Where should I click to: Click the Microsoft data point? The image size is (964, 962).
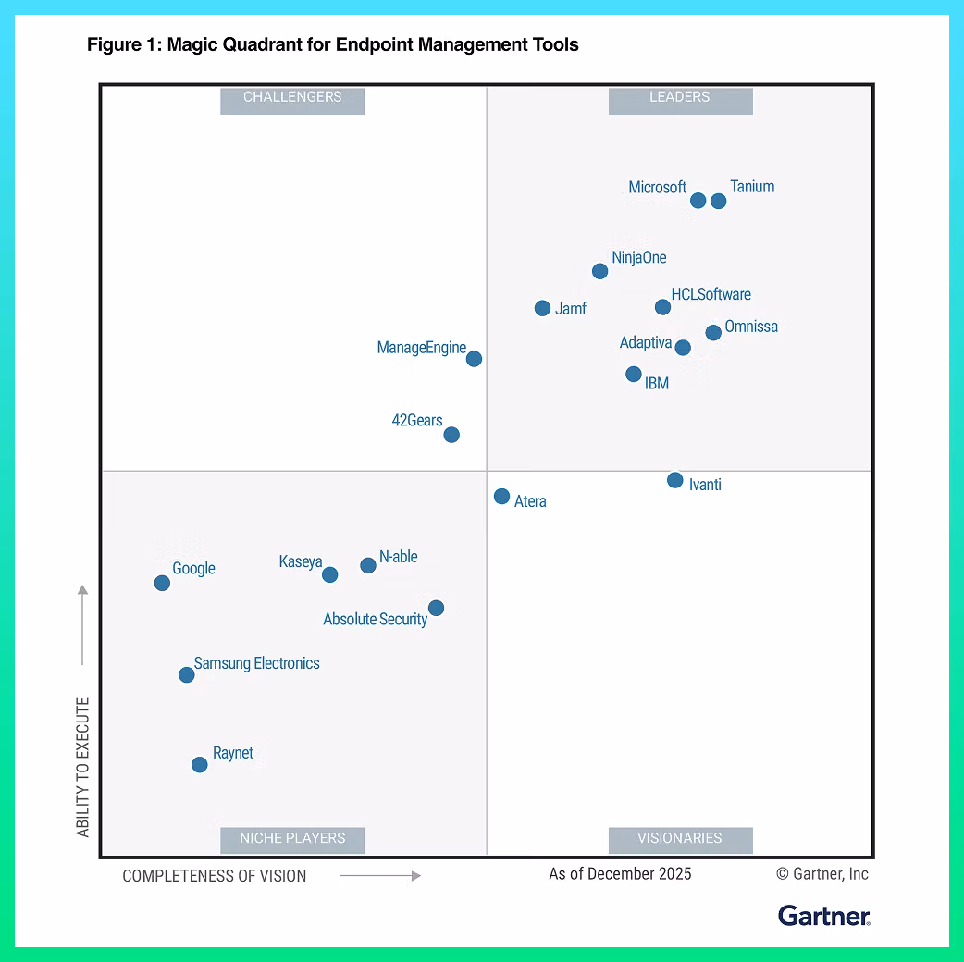(x=698, y=201)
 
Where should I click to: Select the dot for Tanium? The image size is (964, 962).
(x=719, y=201)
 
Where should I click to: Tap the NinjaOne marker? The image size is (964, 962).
(x=600, y=271)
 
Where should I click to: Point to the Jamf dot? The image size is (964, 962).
(x=543, y=308)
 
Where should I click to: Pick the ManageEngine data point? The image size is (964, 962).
(x=474, y=359)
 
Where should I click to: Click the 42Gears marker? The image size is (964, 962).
(x=451, y=435)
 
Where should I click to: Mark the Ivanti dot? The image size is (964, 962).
(x=675, y=480)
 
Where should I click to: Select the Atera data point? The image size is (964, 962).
(x=501, y=497)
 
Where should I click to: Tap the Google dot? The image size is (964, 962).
(x=162, y=583)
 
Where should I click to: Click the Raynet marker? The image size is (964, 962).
(x=200, y=764)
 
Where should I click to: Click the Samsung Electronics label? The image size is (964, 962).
(x=256, y=663)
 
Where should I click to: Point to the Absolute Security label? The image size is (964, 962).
(x=375, y=619)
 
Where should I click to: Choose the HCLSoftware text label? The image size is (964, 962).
(x=711, y=294)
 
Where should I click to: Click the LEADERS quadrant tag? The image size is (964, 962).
(x=680, y=97)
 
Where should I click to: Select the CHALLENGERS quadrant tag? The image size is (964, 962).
(x=292, y=97)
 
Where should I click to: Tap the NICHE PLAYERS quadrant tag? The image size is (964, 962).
(x=292, y=838)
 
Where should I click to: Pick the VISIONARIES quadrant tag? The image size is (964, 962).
(x=680, y=838)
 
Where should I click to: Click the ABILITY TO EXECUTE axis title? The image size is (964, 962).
(x=83, y=768)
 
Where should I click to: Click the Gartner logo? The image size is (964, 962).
(x=823, y=916)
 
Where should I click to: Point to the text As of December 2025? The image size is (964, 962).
(x=620, y=874)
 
